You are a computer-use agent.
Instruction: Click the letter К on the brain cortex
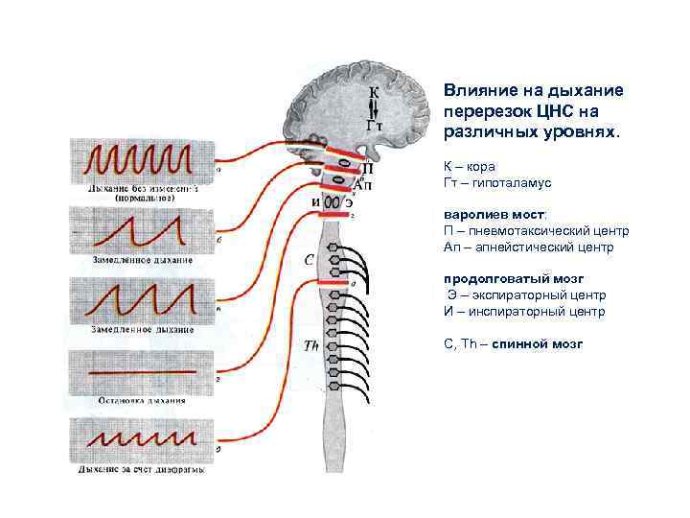click(x=374, y=92)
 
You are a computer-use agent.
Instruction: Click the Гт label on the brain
click(x=377, y=125)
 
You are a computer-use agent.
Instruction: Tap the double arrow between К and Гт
click(x=374, y=108)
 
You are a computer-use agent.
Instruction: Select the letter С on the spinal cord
click(x=310, y=259)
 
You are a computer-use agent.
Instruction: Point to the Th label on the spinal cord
click(x=311, y=346)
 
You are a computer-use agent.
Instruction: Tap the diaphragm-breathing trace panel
click(x=141, y=442)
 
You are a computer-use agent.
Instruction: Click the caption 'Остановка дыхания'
click(x=140, y=401)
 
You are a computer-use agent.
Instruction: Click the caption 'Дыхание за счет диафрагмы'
click(x=141, y=470)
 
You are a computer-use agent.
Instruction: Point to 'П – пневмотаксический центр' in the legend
click(x=536, y=231)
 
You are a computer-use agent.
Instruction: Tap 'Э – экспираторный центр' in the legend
click(x=525, y=295)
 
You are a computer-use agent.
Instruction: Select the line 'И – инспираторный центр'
click(x=524, y=312)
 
